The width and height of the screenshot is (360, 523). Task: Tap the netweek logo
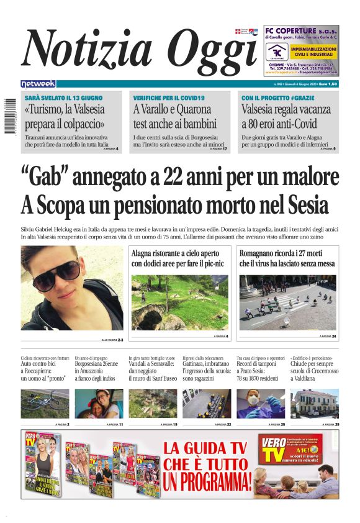click(x=38, y=83)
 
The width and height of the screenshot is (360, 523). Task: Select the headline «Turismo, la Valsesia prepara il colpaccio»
click(x=65, y=116)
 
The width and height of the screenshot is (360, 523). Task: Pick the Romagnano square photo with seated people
click(x=287, y=302)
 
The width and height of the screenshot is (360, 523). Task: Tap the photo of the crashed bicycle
click(x=45, y=403)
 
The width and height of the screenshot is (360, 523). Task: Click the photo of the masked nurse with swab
click(x=261, y=403)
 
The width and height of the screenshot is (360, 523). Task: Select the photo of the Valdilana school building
click(x=315, y=403)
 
